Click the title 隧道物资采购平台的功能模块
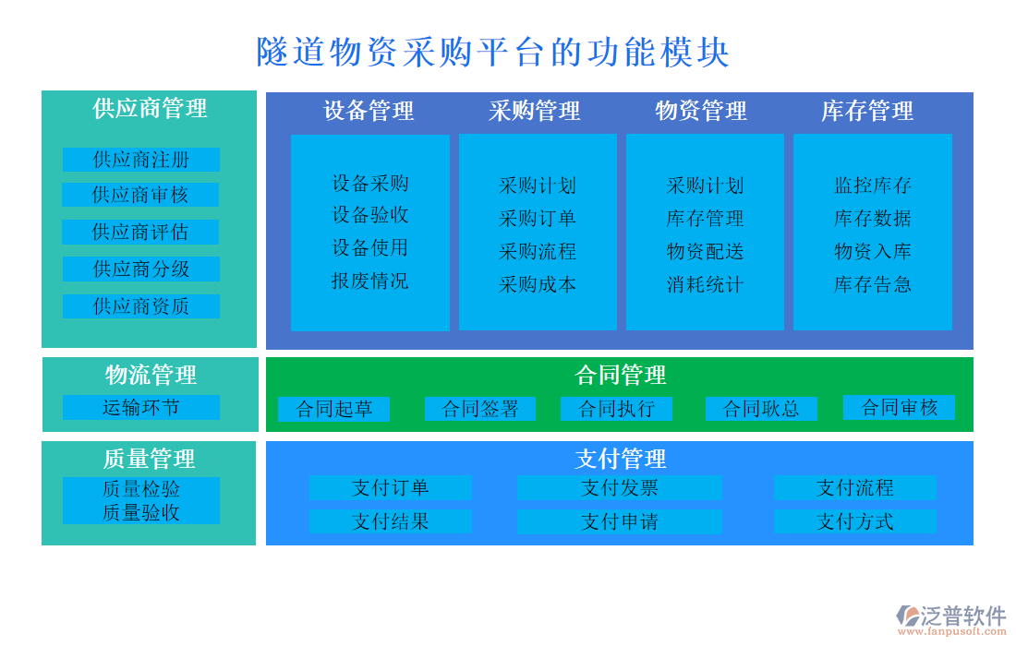pos(493,52)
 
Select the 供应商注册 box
pos(141,160)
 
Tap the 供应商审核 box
pos(140,195)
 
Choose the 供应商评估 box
pos(140,232)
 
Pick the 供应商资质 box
pos(140,306)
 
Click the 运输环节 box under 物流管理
pos(140,407)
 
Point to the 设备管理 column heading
pos(369,112)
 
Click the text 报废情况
pos(369,281)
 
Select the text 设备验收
pos(369,215)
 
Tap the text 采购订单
pos(538,219)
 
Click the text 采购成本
pos(538,284)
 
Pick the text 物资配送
pos(705,252)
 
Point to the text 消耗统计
pos(705,284)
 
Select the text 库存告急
pos(872,284)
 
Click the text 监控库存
pos(872,185)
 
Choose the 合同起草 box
pos(333,409)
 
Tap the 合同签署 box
pos(480,409)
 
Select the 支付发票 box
pos(619,488)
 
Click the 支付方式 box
pos(854,521)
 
